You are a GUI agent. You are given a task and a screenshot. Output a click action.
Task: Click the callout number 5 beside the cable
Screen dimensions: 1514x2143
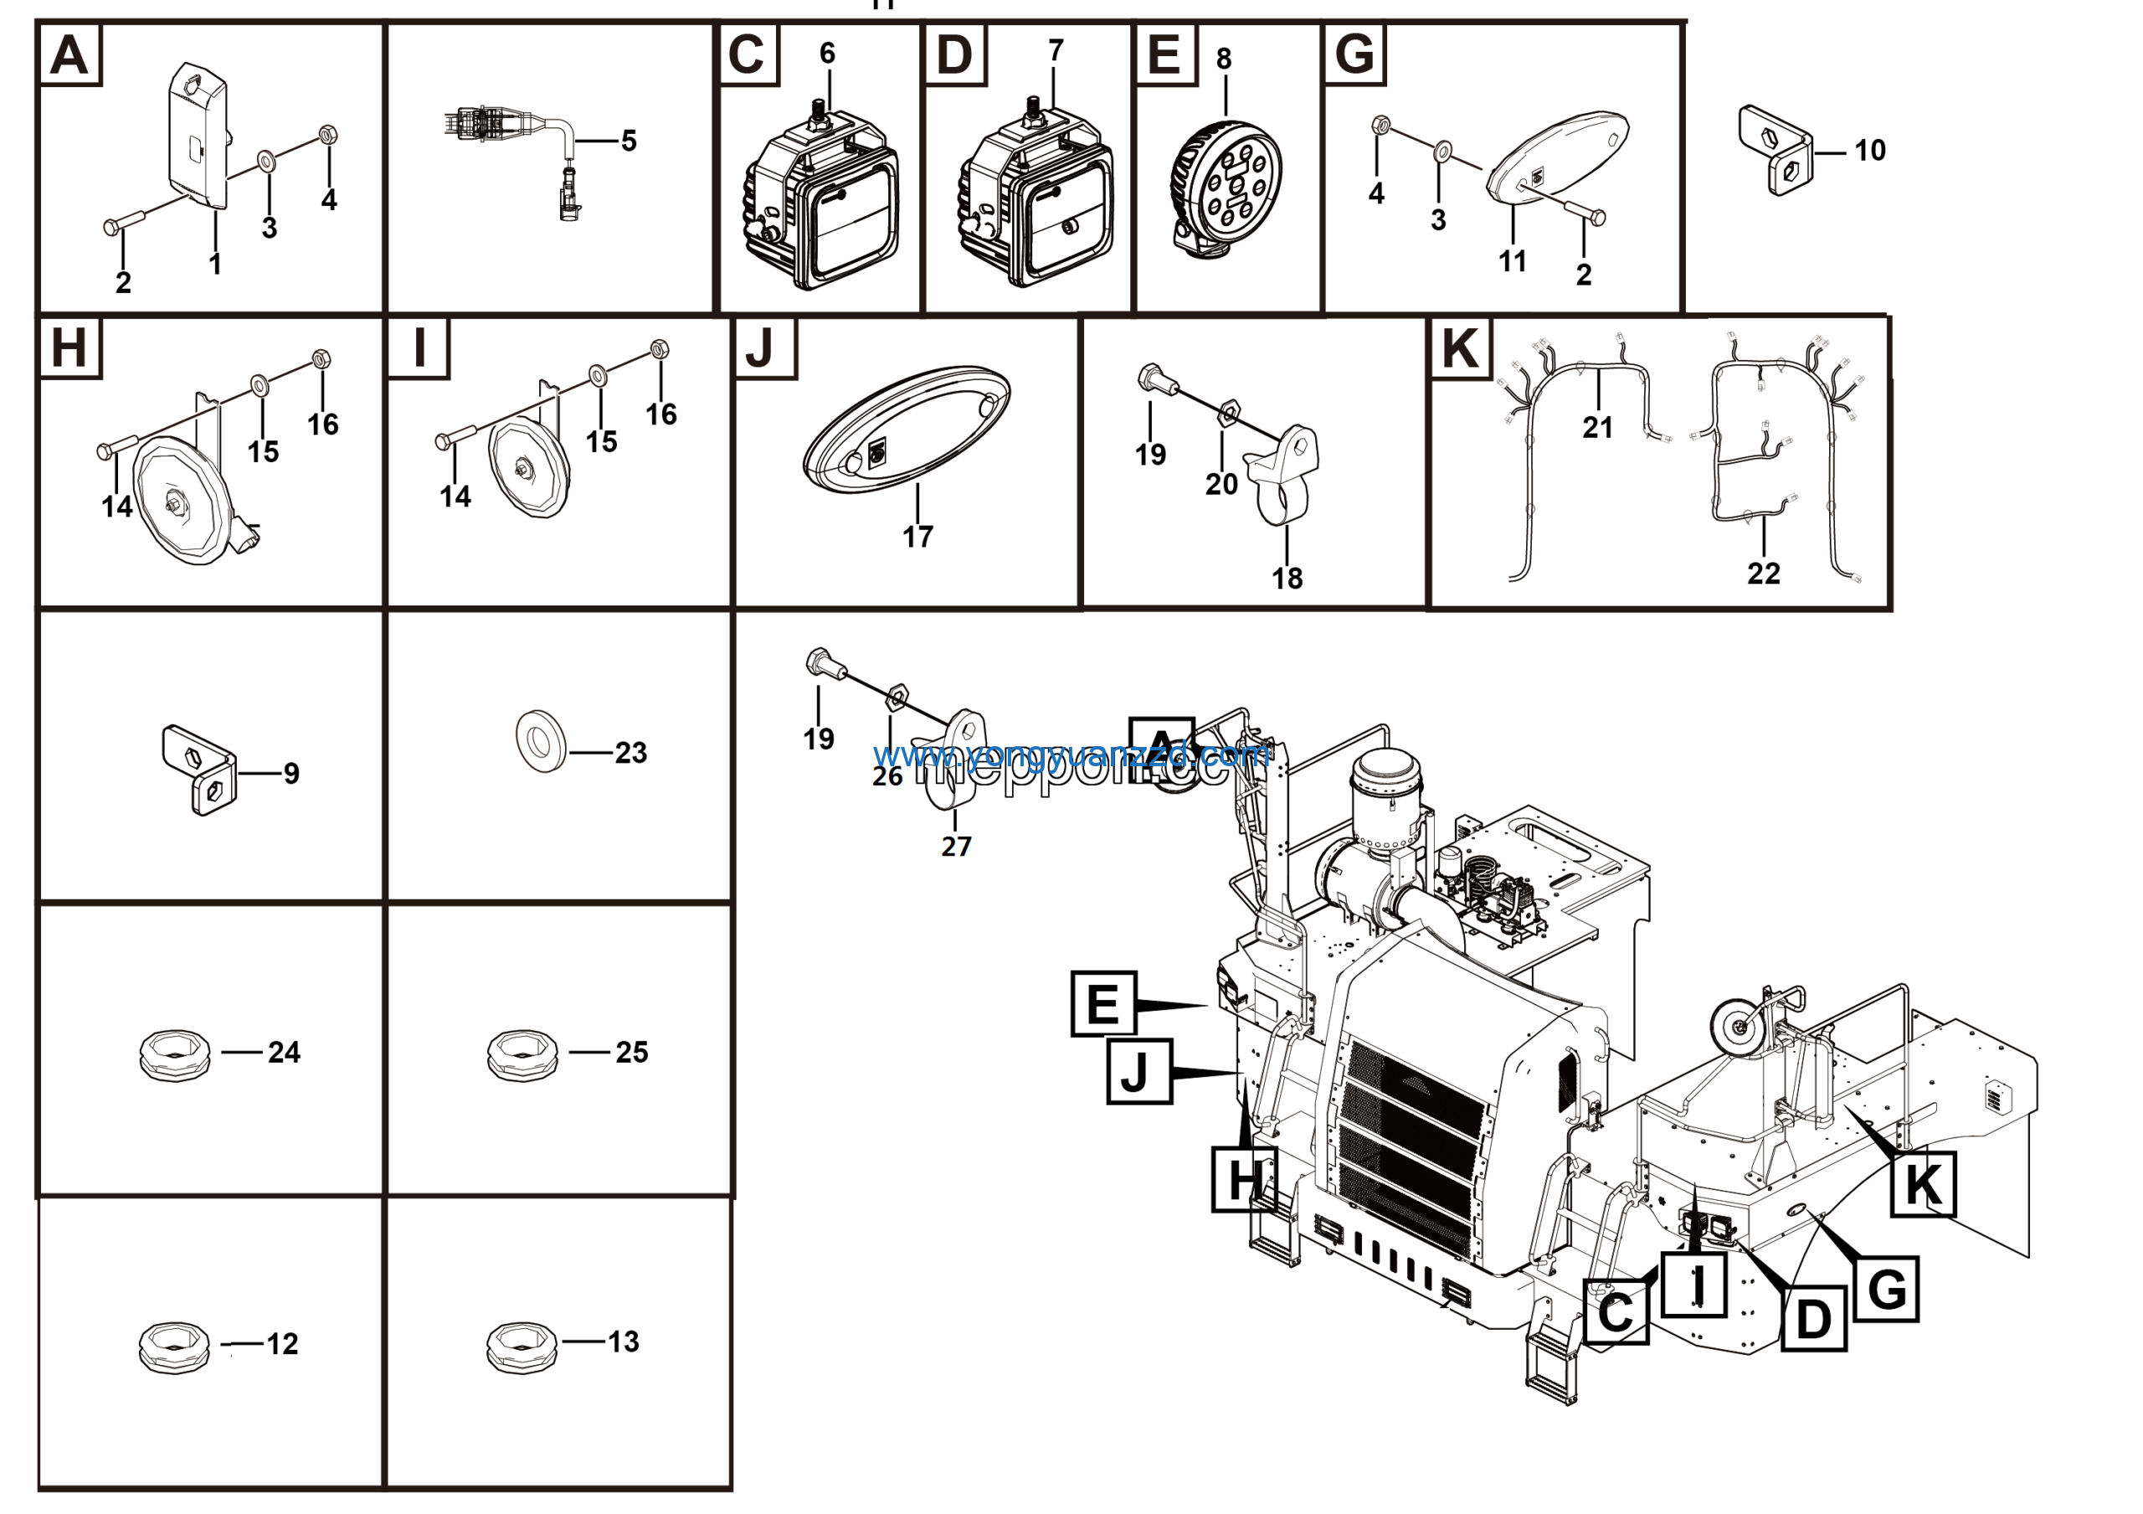(x=628, y=141)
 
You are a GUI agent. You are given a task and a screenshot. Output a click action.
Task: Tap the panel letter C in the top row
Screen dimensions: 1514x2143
(x=747, y=55)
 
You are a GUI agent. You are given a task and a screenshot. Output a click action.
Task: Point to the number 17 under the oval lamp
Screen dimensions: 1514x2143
(x=917, y=537)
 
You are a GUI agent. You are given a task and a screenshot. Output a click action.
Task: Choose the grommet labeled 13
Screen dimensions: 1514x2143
(x=522, y=1347)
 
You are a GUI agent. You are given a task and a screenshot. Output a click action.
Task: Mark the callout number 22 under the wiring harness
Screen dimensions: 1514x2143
(x=1763, y=573)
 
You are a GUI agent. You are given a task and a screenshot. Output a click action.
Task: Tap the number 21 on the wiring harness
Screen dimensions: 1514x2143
(x=1597, y=428)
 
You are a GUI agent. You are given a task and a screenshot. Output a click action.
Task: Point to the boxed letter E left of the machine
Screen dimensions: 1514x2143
(x=1103, y=1003)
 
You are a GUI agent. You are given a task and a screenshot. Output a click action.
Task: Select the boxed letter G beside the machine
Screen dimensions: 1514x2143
(x=1886, y=1289)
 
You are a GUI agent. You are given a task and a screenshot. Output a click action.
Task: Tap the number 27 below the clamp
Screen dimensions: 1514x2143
(x=956, y=847)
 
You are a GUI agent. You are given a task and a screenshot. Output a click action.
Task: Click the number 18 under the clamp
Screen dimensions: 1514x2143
(x=1286, y=578)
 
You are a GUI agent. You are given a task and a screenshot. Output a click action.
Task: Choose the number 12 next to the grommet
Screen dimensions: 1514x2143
(x=282, y=1344)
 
